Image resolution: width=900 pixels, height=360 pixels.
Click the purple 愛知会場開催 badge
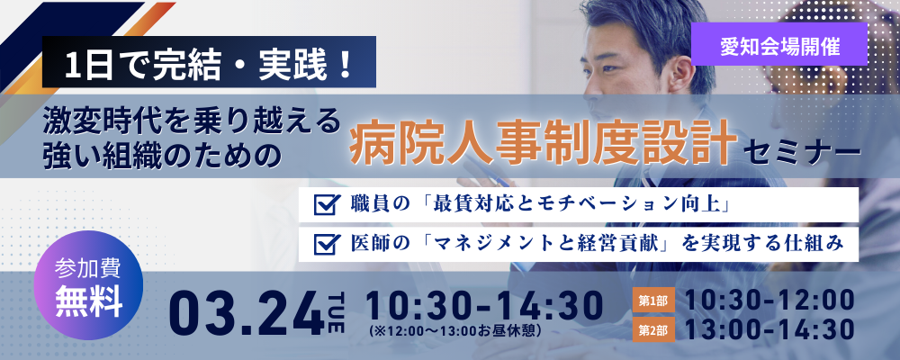point(778,45)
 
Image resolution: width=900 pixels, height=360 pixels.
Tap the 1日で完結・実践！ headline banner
point(209,62)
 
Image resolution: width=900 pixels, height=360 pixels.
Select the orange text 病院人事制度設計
point(543,141)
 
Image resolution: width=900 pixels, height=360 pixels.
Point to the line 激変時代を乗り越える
point(192,120)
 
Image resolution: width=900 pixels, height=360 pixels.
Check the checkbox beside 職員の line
point(324,205)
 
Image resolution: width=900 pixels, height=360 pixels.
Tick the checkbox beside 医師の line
point(324,244)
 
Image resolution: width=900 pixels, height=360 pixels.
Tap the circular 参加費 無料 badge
point(88,285)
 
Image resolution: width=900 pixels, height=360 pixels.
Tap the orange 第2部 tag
point(653,330)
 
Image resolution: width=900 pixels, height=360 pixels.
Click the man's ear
point(680,75)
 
